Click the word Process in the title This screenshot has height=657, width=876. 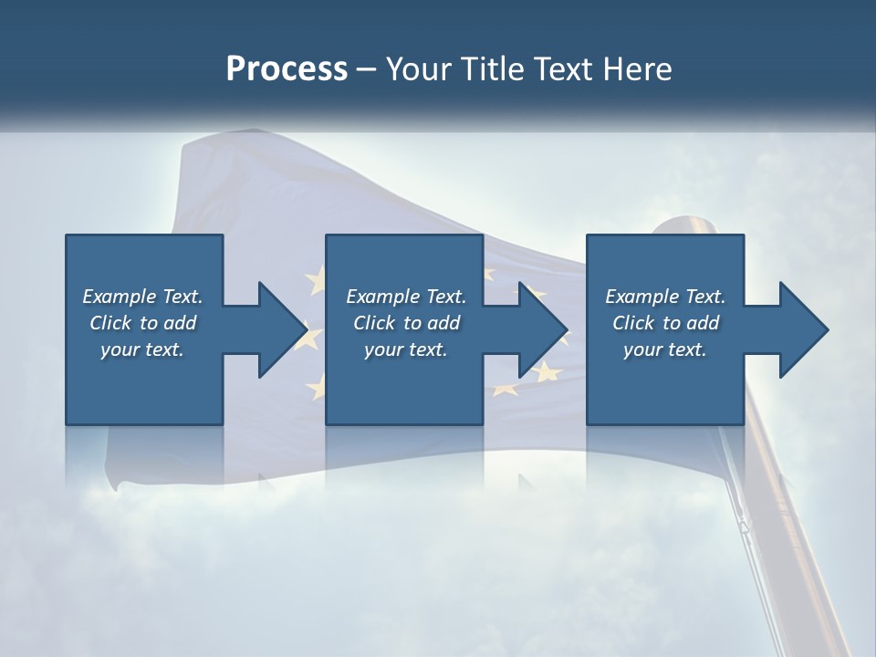(287, 69)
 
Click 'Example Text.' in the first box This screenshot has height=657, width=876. (142, 297)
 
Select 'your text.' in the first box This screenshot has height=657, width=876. (142, 349)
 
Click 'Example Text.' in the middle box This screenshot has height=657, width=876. (406, 297)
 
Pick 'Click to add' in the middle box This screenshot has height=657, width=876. (406, 323)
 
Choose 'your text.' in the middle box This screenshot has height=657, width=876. (406, 349)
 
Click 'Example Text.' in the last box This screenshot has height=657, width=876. (665, 297)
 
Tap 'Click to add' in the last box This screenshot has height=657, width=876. (665, 323)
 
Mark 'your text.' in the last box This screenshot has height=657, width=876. (665, 349)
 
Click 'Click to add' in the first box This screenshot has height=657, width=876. (142, 323)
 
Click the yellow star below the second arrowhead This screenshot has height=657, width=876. (547, 371)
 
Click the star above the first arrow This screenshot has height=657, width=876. (318, 278)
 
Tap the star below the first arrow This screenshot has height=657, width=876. (318, 385)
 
